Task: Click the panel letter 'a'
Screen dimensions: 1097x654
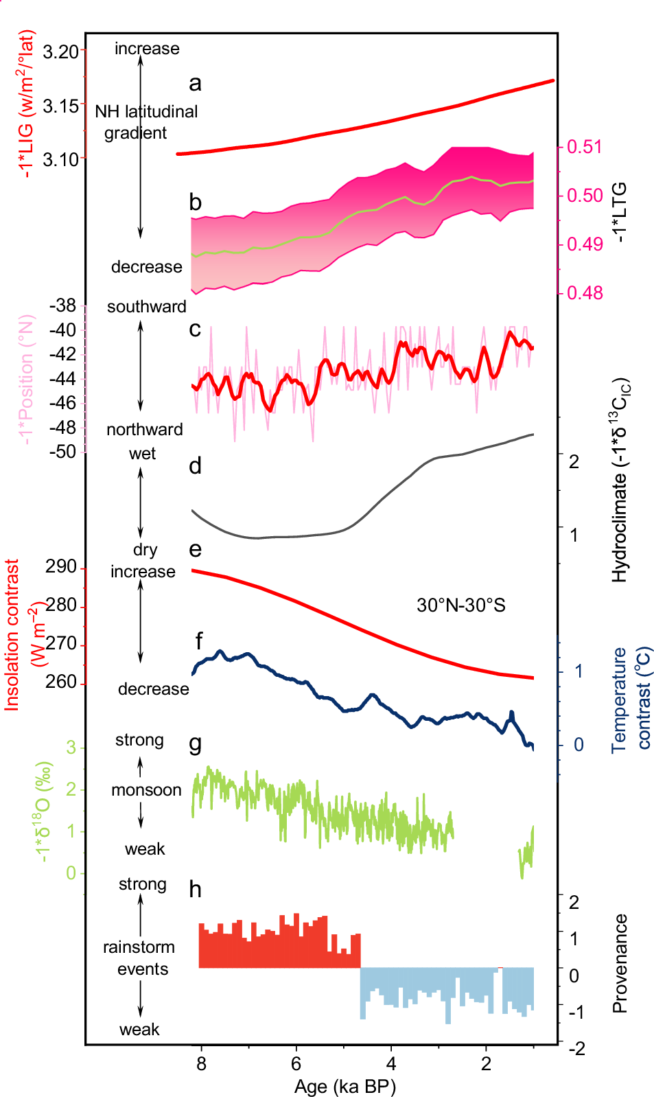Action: (195, 84)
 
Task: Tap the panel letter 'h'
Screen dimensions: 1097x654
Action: (195, 890)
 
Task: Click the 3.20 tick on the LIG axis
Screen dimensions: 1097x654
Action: (60, 51)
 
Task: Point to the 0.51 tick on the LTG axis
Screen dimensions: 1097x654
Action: (584, 147)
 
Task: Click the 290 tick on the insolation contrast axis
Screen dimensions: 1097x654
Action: (60, 567)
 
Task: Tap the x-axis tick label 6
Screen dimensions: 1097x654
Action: (296, 1063)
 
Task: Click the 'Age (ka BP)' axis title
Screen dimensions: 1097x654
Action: (345, 1086)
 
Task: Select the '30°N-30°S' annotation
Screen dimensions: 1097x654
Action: (460, 605)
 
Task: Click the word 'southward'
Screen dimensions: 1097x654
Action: (146, 307)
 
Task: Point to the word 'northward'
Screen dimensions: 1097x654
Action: (145, 430)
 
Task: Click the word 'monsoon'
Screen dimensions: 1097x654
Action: (146, 790)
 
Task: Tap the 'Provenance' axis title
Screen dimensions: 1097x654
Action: (620, 963)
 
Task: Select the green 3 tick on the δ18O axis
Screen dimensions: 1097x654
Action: (71, 748)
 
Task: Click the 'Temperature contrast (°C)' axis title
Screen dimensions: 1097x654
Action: (631, 699)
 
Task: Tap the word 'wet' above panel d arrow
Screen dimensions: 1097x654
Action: (142, 454)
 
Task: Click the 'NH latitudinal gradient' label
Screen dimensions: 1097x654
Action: (145, 122)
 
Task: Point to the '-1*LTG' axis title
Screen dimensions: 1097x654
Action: (620, 212)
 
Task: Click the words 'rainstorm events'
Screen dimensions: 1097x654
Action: (139, 958)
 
